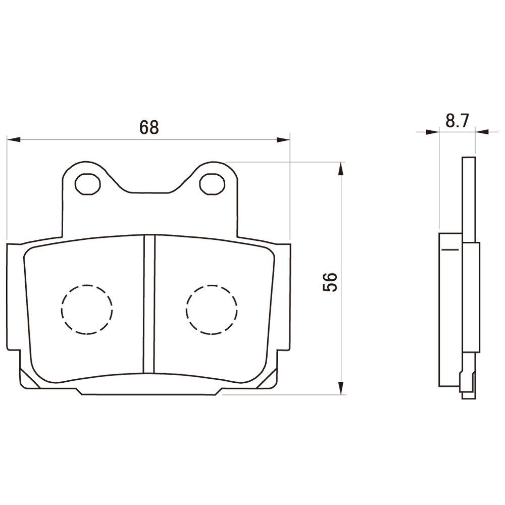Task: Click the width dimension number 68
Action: pyautogui.click(x=149, y=127)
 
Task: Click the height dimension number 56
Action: pyautogui.click(x=330, y=282)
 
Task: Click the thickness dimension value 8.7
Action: pyautogui.click(x=458, y=121)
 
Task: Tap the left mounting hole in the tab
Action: pyautogui.click(x=87, y=184)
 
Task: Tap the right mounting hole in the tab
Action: pyautogui.click(x=212, y=184)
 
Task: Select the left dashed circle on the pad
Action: pyautogui.click(x=87, y=310)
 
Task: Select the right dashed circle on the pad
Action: pyautogui.click(x=212, y=310)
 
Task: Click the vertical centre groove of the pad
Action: pyautogui.click(x=149, y=304)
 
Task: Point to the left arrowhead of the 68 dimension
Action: pyautogui.click(x=14, y=139)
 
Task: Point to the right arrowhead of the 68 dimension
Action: pyautogui.click(x=283, y=139)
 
